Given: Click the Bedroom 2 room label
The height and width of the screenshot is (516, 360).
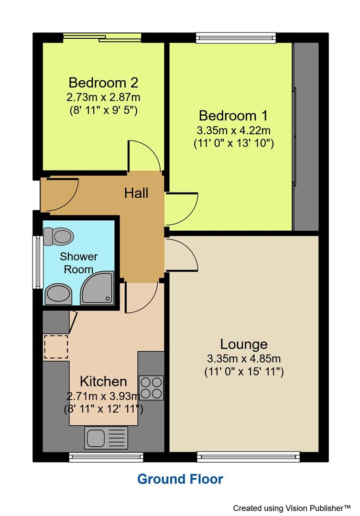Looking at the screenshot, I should pyautogui.click(x=103, y=82).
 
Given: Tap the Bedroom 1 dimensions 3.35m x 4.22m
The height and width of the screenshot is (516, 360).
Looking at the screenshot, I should pyautogui.click(x=233, y=130).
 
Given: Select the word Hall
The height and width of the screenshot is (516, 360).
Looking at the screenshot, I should pyautogui.click(x=136, y=193).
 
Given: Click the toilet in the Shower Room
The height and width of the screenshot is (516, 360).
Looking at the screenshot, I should pyautogui.click(x=58, y=235).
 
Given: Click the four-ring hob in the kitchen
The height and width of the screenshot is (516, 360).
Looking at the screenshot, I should pyautogui.click(x=151, y=387).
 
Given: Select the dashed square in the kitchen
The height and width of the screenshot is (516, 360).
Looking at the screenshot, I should pyautogui.click(x=55, y=347).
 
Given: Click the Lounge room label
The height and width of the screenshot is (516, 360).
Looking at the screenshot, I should pyautogui.click(x=243, y=344).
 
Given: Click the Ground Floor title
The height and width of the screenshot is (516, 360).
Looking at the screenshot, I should pyautogui.click(x=180, y=479).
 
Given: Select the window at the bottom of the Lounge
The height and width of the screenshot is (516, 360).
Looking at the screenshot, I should pyautogui.click(x=249, y=457).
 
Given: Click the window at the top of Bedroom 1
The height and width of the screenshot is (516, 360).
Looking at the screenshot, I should pyautogui.click(x=236, y=37).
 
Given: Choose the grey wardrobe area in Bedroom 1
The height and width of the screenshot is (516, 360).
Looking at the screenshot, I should pyautogui.click(x=306, y=137).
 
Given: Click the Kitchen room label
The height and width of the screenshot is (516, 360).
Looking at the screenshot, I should pyautogui.click(x=103, y=381).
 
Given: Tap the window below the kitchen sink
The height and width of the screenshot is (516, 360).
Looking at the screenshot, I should pyautogui.click(x=106, y=457).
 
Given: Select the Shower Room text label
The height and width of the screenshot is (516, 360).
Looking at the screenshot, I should pyautogui.click(x=78, y=263).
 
